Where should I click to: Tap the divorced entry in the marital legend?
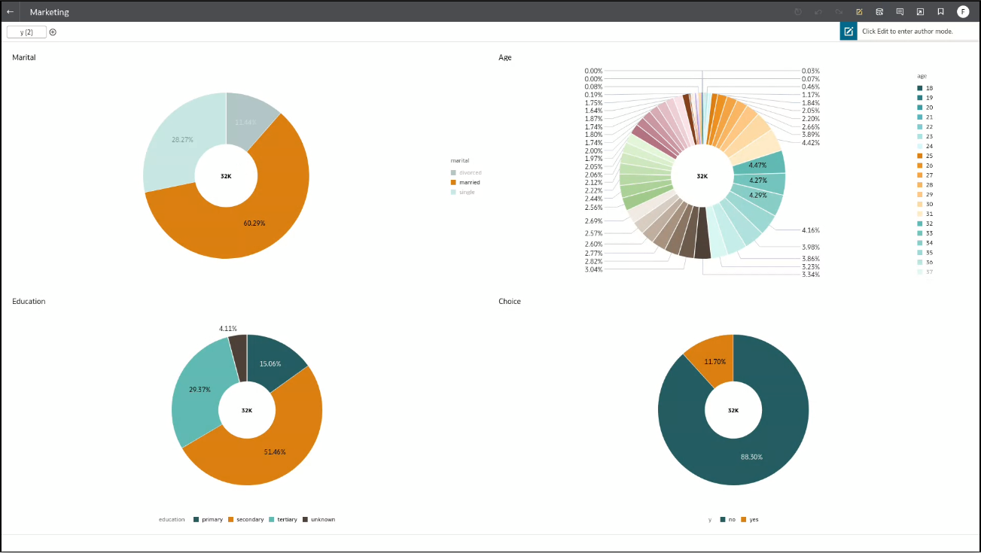[470, 172]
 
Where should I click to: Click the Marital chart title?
[24, 57]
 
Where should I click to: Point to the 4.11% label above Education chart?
[228, 328]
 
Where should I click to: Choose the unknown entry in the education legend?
[322, 519]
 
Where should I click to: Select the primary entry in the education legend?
[212, 519]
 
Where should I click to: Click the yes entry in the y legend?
[754, 519]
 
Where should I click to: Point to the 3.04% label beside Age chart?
[593, 269]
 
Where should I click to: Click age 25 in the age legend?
[929, 156]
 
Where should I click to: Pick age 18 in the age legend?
[929, 88]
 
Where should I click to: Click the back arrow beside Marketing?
[11, 12]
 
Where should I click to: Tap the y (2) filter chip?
[26, 32]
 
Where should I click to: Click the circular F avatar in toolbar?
[963, 11]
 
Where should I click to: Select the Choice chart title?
[510, 302]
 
